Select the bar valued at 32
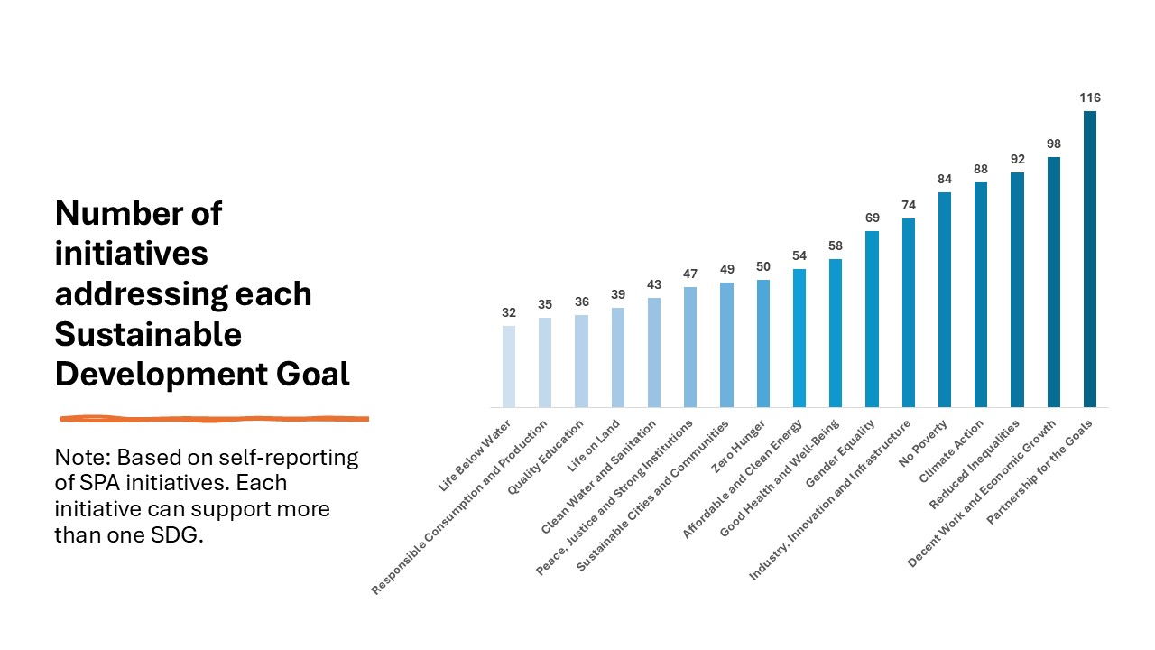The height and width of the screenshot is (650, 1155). point(509,367)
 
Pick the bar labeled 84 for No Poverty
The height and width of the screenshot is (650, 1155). point(945,300)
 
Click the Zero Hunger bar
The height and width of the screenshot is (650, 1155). point(763,343)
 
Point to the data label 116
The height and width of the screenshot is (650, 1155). point(1089,97)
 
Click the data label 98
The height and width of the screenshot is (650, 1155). point(1053,144)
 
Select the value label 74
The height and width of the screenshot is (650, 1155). point(908,205)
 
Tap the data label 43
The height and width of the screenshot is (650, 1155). point(654,284)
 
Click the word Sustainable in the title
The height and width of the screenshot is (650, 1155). point(148,335)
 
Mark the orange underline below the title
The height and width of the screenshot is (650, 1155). point(214,419)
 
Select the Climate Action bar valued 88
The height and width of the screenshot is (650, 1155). point(981,294)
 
